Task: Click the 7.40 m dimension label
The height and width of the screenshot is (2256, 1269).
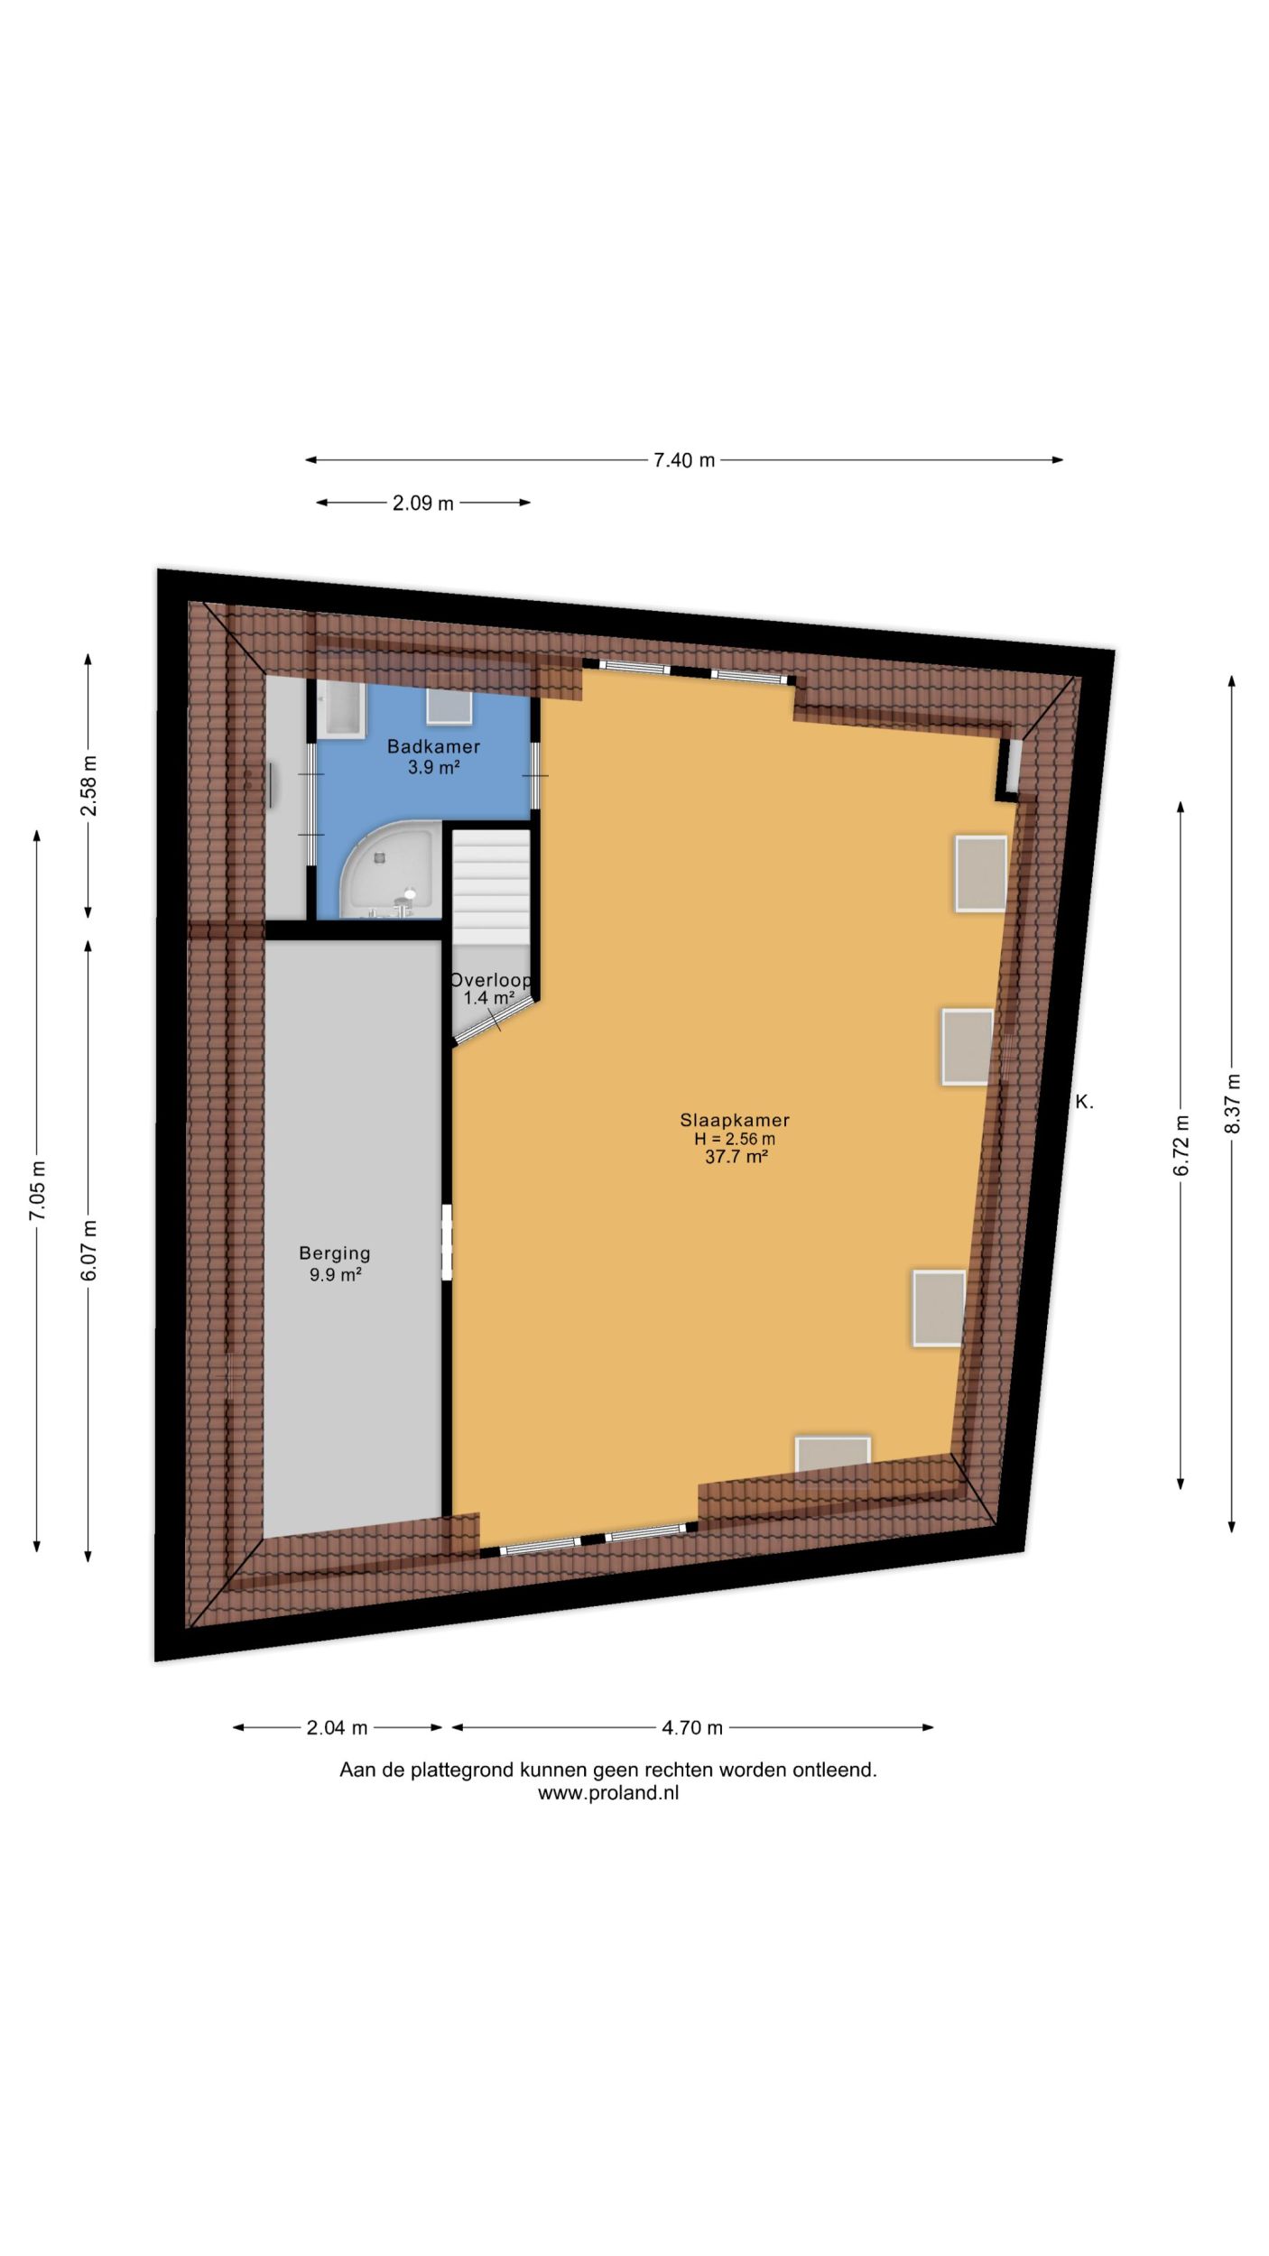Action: tap(684, 460)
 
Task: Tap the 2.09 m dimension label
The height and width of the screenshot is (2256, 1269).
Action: tap(422, 504)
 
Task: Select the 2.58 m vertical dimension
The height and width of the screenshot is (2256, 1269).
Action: tap(88, 785)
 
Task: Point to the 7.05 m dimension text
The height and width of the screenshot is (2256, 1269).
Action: tap(37, 1191)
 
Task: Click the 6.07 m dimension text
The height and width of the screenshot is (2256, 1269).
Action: tap(88, 1250)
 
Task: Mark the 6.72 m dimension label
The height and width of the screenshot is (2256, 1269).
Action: tap(1181, 1146)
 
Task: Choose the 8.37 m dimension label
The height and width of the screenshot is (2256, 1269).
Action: tap(1232, 1104)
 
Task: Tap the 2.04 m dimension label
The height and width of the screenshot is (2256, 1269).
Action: tap(337, 1728)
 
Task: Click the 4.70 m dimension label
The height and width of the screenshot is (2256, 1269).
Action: tap(692, 1728)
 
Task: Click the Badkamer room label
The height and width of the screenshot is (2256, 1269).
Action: tap(433, 747)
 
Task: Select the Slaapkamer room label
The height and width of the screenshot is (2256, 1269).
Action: tap(735, 1120)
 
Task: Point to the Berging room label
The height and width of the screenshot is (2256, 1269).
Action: tap(335, 1253)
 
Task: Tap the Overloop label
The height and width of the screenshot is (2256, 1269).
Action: tap(491, 980)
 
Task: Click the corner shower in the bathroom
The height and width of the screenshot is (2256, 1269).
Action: tap(390, 870)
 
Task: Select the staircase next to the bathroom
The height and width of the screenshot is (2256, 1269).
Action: tap(490, 889)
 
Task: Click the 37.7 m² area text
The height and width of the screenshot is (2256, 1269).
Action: tap(736, 1157)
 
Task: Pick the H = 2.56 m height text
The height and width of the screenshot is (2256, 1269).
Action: tap(735, 1139)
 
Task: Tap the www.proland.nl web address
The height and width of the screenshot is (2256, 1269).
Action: tap(608, 1793)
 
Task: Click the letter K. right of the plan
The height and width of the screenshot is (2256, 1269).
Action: tap(1084, 1102)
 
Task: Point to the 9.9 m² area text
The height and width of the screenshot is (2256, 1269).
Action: tap(335, 1274)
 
